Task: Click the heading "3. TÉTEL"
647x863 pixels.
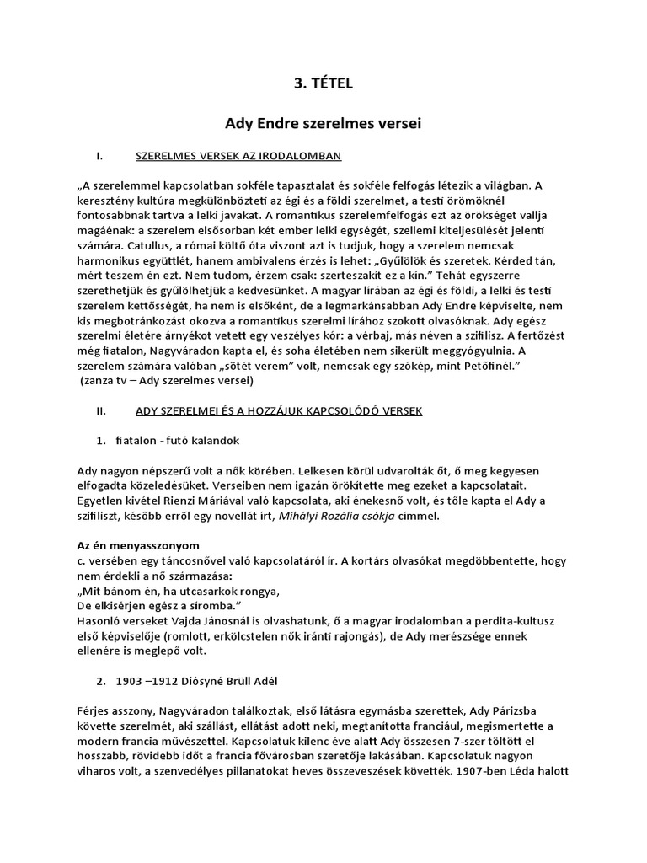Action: pyautogui.click(x=323, y=83)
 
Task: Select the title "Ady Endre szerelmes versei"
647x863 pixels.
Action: pyautogui.click(x=323, y=123)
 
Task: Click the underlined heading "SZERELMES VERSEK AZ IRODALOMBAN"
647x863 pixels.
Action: pyautogui.click(x=238, y=156)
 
